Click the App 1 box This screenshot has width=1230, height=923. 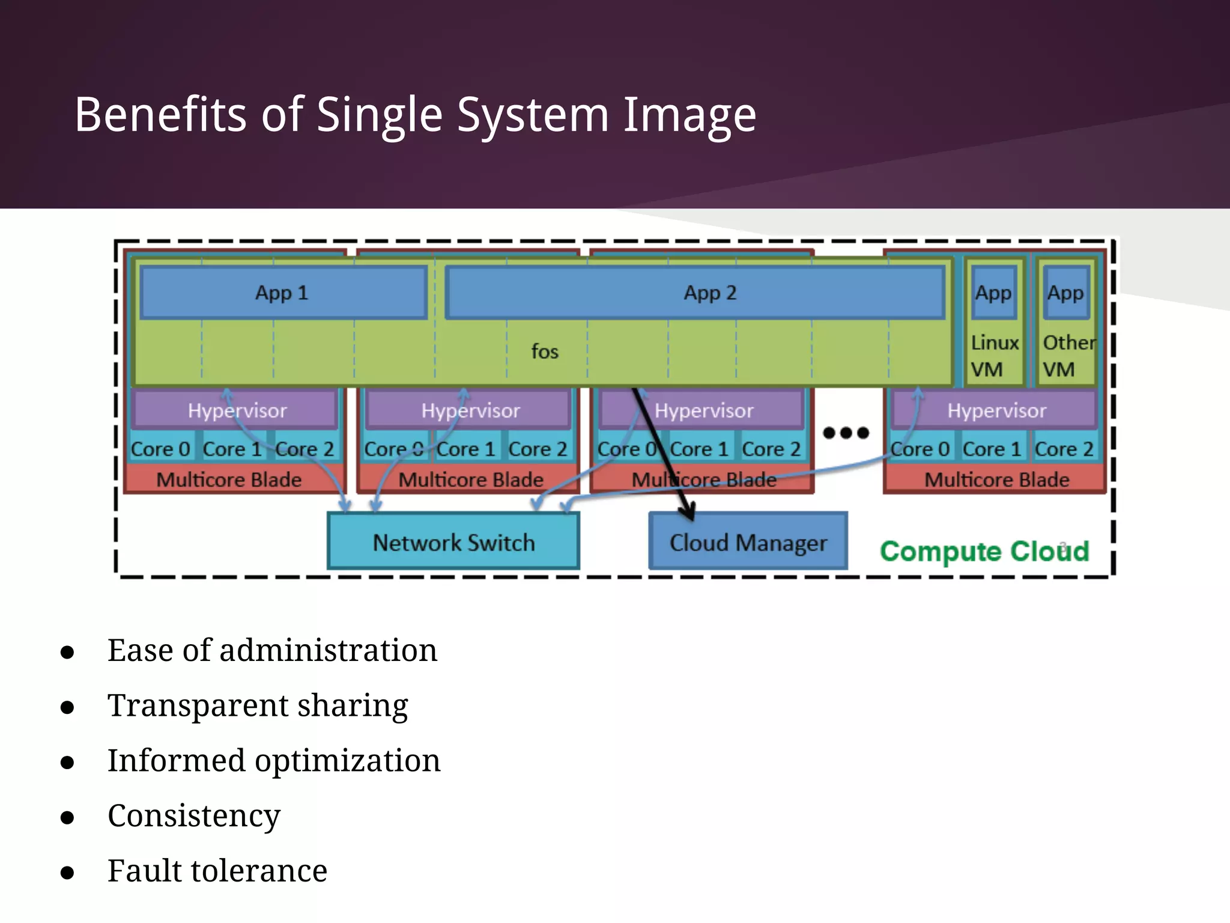(282, 293)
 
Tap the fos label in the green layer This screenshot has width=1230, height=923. (545, 352)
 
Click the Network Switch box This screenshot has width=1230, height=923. (453, 542)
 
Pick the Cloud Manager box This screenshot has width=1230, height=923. (748, 543)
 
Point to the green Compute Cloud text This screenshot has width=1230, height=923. (984, 551)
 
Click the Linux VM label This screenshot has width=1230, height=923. (994, 356)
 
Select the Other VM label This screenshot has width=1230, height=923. (1067, 356)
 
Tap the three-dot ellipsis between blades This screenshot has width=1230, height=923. (846, 433)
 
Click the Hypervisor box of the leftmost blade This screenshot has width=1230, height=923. (237, 410)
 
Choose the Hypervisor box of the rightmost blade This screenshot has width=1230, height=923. (996, 410)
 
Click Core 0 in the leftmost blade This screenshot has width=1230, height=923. (160, 449)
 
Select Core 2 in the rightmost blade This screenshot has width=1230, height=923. (1064, 449)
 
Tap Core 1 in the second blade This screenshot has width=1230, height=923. (465, 449)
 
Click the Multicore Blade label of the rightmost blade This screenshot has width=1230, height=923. (996, 480)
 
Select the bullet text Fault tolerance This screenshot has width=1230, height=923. (217, 871)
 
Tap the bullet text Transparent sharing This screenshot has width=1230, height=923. (258, 705)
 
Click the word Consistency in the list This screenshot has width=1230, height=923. (194, 815)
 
